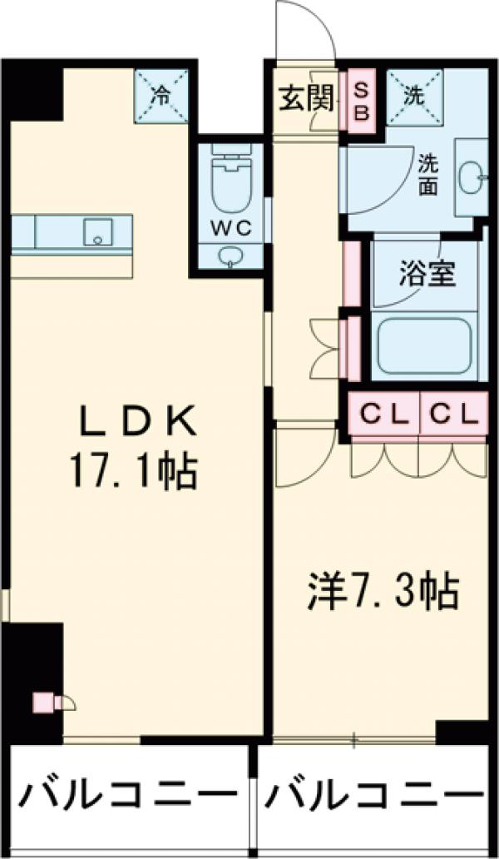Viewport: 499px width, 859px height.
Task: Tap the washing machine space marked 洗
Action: (413, 94)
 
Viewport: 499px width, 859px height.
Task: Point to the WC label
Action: (230, 227)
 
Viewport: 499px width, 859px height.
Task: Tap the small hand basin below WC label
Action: (230, 256)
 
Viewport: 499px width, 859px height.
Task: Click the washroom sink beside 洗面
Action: (473, 176)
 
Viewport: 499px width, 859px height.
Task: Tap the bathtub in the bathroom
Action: (425, 345)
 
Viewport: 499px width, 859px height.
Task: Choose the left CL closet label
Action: (383, 412)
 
